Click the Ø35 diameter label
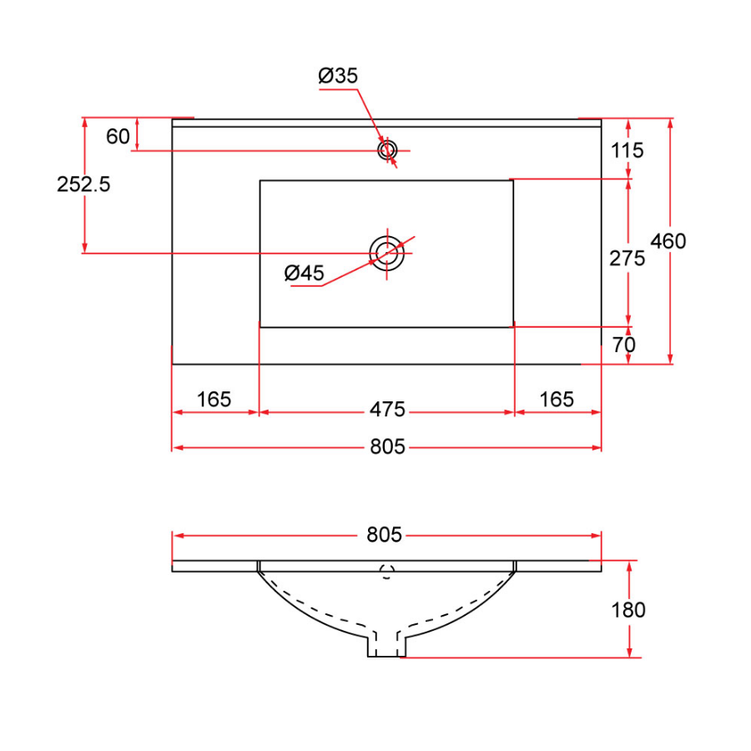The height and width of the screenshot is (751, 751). click(338, 76)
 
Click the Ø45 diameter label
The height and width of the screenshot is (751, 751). click(304, 273)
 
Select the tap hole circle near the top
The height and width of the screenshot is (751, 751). click(387, 150)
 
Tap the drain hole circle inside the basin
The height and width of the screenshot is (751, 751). click(387, 252)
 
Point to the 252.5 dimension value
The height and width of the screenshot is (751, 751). click(83, 184)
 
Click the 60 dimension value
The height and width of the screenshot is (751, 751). click(118, 136)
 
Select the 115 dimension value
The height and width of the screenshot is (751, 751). click(628, 150)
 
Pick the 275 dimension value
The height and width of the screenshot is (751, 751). click(628, 259)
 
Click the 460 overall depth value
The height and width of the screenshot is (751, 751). click(668, 241)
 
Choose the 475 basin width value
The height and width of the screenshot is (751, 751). click(387, 411)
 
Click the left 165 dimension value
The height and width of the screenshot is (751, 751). click(214, 400)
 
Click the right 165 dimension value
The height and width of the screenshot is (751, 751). click(557, 400)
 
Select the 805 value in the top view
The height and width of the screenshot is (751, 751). click(387, 447)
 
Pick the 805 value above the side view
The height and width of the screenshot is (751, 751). click(384, 535)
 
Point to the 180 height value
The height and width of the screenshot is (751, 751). click(628, 610)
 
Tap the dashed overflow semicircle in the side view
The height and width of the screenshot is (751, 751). click(386, 572)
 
